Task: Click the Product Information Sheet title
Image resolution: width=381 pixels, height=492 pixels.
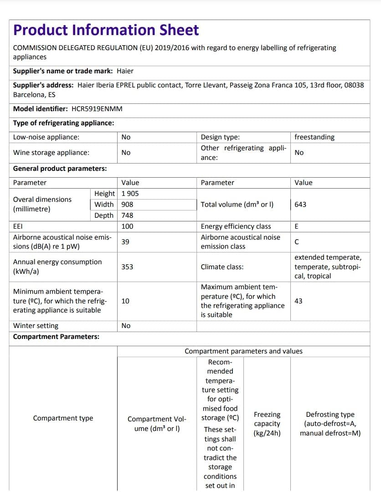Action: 106,30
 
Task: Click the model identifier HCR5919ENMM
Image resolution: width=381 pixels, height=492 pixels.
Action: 97,109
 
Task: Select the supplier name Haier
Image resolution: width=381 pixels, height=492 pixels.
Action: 125,71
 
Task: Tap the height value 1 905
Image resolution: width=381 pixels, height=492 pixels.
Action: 130,194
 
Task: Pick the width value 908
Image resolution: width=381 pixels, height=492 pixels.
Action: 127,205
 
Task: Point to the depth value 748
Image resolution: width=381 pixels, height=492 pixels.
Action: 127,215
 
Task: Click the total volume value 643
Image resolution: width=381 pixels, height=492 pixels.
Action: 300,205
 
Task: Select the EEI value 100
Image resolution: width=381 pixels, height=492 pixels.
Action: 127,226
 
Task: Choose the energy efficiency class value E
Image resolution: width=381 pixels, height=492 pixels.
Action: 297,226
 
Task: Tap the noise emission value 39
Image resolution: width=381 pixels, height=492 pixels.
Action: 125,242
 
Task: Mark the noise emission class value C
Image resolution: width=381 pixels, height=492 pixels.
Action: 297,242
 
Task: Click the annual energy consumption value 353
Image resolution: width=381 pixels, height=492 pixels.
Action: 127,266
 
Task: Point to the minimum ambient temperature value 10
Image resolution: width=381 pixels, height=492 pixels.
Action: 125,301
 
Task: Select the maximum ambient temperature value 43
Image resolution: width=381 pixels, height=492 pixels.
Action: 299,301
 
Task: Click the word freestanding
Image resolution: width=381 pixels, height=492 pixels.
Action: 314,137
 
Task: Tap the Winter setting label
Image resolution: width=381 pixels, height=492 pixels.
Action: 36,326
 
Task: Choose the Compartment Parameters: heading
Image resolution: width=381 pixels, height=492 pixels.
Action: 56,337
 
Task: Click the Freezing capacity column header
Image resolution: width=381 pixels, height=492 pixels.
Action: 267,424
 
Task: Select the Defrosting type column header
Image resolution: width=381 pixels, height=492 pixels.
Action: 330,424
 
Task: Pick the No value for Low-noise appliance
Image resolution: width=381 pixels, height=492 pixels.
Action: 126,137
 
